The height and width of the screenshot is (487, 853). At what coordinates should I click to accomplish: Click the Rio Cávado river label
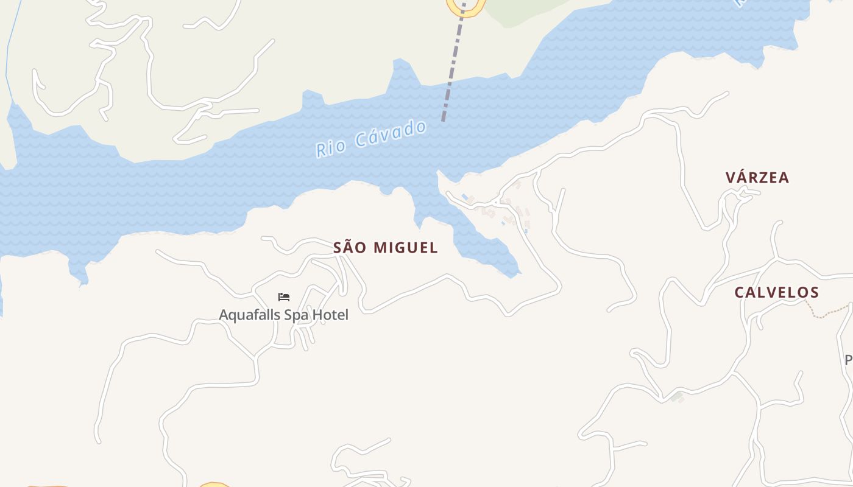coord(371,139)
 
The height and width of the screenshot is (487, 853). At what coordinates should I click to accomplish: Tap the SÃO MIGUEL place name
coord(385,248)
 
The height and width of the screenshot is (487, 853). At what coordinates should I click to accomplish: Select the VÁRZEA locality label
coord(757,178)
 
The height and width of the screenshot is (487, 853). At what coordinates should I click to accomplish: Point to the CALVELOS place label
coord(776,292)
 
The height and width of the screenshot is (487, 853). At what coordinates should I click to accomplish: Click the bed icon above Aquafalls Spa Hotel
coord(284,297)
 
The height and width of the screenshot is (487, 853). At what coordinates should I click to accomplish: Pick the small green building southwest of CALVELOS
coord(676,398)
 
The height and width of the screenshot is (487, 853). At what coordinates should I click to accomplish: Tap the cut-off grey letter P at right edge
coord(848,360)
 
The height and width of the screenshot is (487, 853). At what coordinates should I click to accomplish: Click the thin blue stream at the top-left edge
coord(7,55)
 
